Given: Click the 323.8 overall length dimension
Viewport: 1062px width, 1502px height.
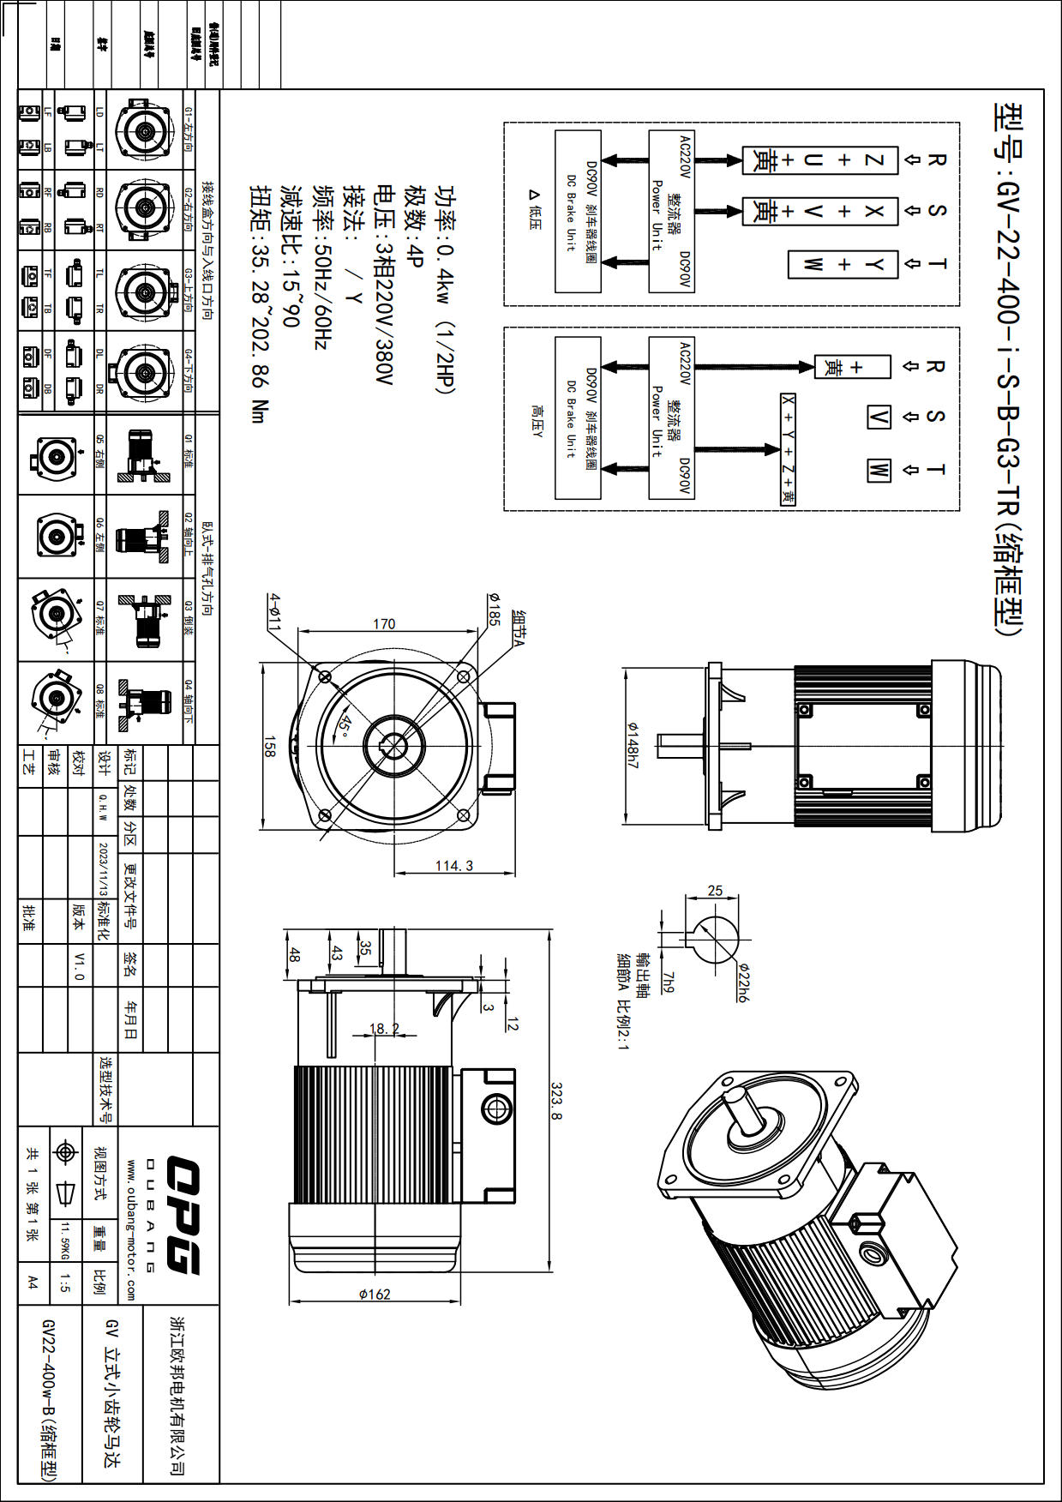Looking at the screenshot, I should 555,1101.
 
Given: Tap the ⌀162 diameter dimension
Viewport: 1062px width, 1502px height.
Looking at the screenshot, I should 375,1294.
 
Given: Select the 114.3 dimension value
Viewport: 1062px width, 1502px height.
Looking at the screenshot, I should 454,865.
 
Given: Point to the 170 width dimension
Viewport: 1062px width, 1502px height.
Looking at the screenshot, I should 384,623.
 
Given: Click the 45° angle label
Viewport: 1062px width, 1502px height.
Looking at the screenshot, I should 345,725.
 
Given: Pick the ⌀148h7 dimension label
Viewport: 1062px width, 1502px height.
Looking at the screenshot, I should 633,745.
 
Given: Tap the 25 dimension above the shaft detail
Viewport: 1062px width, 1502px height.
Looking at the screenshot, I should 715,891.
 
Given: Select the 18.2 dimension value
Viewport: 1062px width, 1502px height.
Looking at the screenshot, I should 384,1028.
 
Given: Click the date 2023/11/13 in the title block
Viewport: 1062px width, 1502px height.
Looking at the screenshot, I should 104,868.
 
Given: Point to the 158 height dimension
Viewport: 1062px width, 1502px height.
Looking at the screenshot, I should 270,746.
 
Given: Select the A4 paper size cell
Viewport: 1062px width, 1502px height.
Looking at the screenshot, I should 33,1283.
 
